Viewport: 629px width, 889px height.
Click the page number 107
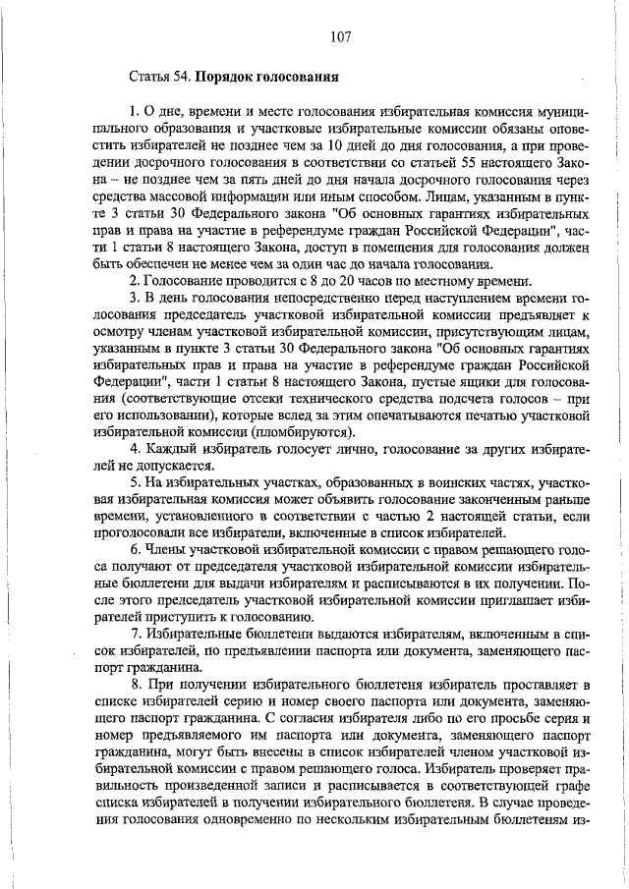[x=341, y=38]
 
